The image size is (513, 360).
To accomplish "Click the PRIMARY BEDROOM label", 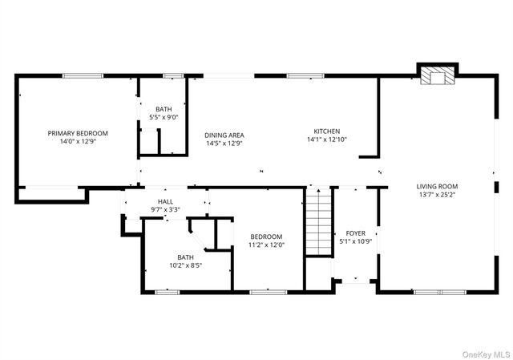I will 78,133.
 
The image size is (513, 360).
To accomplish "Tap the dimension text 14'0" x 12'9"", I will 78,141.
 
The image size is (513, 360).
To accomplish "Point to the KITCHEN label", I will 326,131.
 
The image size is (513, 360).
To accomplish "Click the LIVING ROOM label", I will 438,186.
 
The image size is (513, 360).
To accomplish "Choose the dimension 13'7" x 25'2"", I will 438,194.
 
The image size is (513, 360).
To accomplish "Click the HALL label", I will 165,202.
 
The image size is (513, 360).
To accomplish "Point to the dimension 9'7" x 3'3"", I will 165,210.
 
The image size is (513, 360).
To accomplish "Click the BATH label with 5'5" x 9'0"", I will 164,110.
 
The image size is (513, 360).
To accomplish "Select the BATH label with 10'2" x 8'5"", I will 185,257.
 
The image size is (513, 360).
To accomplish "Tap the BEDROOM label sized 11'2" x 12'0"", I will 266,237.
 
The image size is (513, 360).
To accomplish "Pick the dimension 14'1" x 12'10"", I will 326,140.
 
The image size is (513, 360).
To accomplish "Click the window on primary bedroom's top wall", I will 84,76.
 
